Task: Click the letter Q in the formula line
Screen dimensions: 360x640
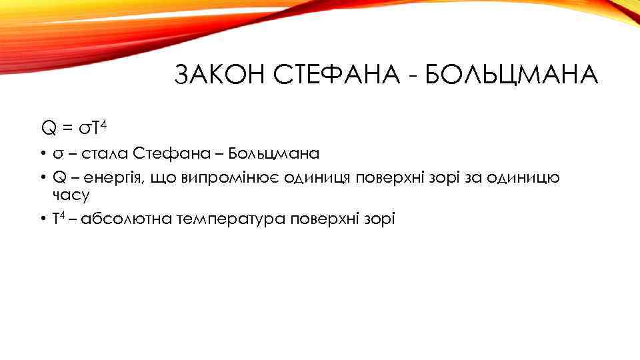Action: coord(49,127)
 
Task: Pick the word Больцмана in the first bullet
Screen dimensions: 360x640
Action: coord(273,154)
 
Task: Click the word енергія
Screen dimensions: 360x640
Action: coord(100,178)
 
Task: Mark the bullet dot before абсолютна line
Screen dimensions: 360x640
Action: coord(41,219)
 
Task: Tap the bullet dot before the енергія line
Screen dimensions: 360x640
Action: coord(41,178)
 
